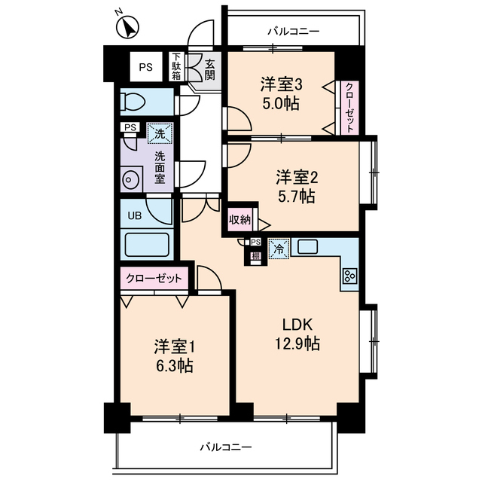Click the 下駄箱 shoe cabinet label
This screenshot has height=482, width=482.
click(x=175, y=66)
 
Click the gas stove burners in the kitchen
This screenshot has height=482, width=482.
click(x=349, y=276)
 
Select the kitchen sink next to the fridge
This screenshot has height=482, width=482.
click(x=309, y=246)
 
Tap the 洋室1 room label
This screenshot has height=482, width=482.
click(x=175, y=347)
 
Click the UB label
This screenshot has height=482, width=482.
click(x=134, y=215)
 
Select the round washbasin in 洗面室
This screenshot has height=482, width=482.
click(x=130, y=180)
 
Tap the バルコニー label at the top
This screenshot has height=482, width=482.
click(x=294, y=32)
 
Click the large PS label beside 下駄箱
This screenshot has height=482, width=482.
click(x=145, y=66)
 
